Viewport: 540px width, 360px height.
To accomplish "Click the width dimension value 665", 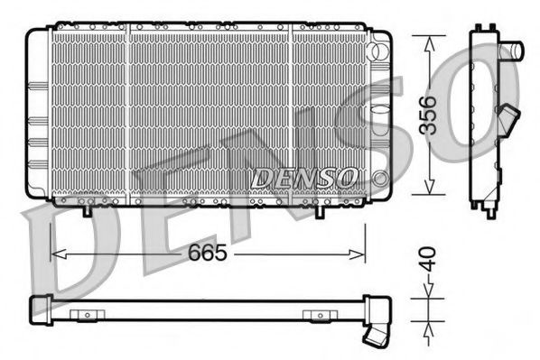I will pyautogui.click(x=207, y=254).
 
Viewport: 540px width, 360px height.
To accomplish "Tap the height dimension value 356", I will pyautogui.click(x=433, y=114).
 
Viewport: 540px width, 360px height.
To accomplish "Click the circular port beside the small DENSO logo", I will pyautogui.click(x=380, y=176).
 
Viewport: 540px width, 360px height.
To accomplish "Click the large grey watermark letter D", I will pyautogui.click(x=68, y=262).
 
